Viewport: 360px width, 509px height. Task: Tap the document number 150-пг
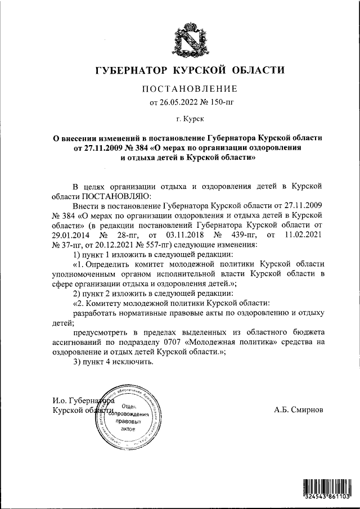coord(217,102)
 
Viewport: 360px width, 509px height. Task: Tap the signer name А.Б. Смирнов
coord(299,411)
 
